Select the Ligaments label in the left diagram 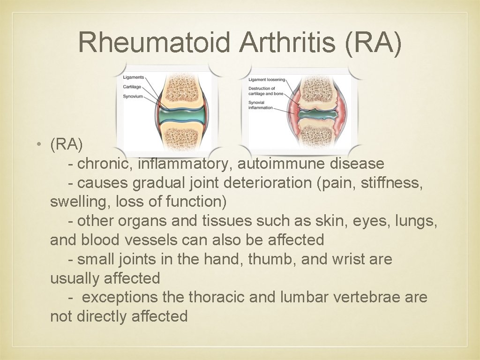[x=134, y=77]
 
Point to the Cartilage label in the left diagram [x=132, y=87]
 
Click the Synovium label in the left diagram [x=133, y=97]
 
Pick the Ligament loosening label [x=267, y=80]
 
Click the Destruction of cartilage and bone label [x=262, y=91]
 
